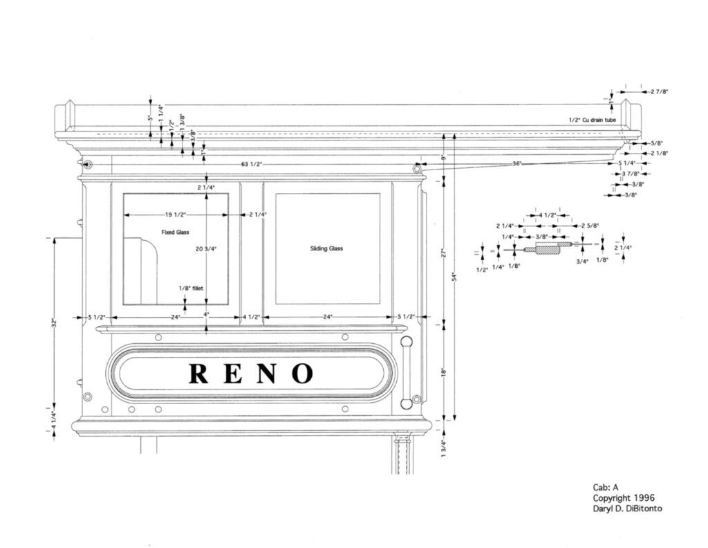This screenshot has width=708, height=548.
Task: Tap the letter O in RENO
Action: click(x=301, y=373)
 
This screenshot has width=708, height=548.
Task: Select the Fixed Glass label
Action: click(x=176, y=232)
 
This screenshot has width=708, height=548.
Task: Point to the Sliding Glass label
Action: click(x=327, y=248)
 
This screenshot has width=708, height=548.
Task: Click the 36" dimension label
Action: click(x=517, y=164)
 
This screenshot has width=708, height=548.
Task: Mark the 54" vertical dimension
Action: click(x=454, y=277)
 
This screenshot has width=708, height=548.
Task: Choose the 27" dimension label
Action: click(x=445, y=252)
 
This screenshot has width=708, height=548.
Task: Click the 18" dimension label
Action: click(x=445, y=371)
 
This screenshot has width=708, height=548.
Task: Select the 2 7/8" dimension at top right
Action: click(x=659, y=91)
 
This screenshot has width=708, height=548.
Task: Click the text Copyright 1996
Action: click(x=623, y=497)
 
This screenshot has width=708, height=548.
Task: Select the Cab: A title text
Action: click(x=606, y=487)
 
